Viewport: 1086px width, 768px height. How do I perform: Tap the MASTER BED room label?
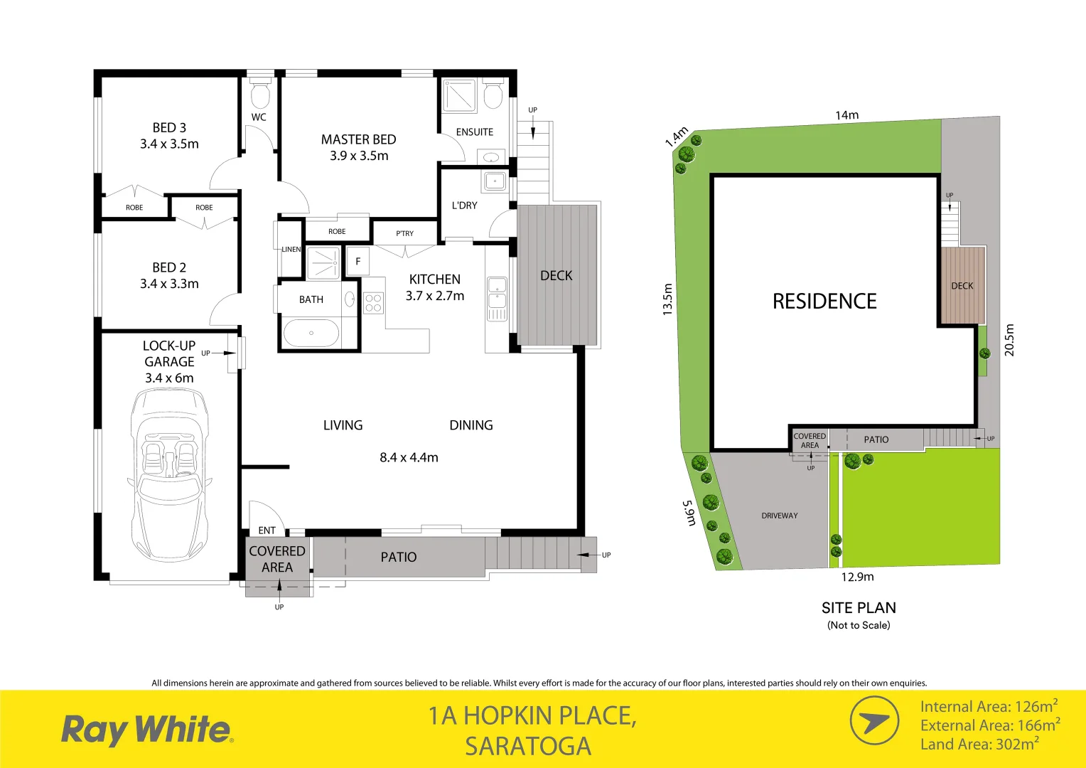click(x=358, y=140)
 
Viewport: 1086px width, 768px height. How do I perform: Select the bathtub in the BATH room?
click(x=311, y=333)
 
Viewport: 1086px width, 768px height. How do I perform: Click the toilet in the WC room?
click(x=260, y=95)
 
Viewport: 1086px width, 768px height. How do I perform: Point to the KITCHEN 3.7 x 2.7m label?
click(x=434, y=287)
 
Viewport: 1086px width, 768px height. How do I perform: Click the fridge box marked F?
click(x=357, y=262)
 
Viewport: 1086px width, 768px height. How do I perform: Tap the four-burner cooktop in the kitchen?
click(x=373, y=303)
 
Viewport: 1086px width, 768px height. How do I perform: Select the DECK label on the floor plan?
click(x=556, y=276)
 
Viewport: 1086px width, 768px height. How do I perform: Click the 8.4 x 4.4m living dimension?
click(x=409, y=458)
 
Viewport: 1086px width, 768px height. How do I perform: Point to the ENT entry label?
click(x=267, y=530)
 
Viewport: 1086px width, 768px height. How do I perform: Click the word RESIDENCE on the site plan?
click(x=824, y=302)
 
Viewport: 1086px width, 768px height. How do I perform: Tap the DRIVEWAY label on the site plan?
click(x=780, y=516)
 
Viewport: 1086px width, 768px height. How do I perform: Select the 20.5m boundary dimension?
click(x=1009, y=340)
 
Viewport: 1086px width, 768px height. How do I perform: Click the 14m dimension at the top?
click(x=846, y=115)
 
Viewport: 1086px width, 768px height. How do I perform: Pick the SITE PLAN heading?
click(x=859, y=608)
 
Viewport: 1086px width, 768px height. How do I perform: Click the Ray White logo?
click(x=146, y=730)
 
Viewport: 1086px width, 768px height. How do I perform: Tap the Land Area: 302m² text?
click(x=979, y=745)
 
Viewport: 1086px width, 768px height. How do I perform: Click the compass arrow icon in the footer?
click(x=874, y=721)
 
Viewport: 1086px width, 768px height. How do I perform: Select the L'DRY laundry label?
click(x=464, y=206)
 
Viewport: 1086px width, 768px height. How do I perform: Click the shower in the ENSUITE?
click(x=459, y=96)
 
